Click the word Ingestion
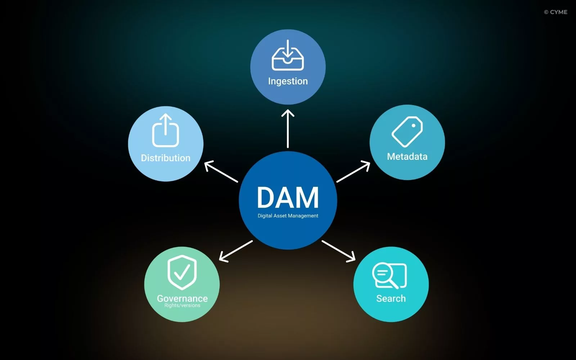click(288, 81)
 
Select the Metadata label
click(407, 157)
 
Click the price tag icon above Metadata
click(407, 131)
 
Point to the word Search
click(391, 298)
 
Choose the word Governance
click(182, 298)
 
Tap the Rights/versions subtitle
click(182, 306)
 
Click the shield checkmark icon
click(182, 272)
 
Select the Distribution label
click(166, 158)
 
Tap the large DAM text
click(288, 197)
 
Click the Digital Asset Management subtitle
click(288, 216)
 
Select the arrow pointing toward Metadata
click(353, 172)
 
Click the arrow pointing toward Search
click(338, 251)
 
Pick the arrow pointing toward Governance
click(236, 251)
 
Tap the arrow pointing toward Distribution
click(221, 172)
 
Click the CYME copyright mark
click(555, 12)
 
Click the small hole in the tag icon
click(414, 126)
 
